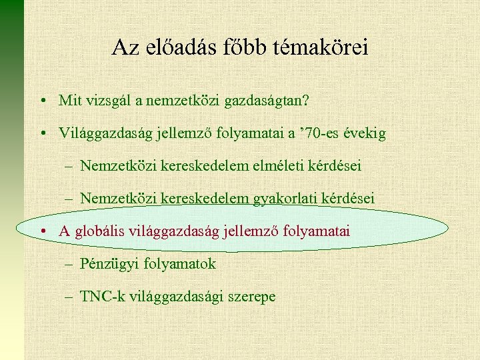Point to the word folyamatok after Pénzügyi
coord(180,264)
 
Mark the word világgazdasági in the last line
coord(171,297)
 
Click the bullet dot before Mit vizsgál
coord(42,101)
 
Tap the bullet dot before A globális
coord(42,231)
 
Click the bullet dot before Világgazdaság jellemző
coord(42,133)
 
